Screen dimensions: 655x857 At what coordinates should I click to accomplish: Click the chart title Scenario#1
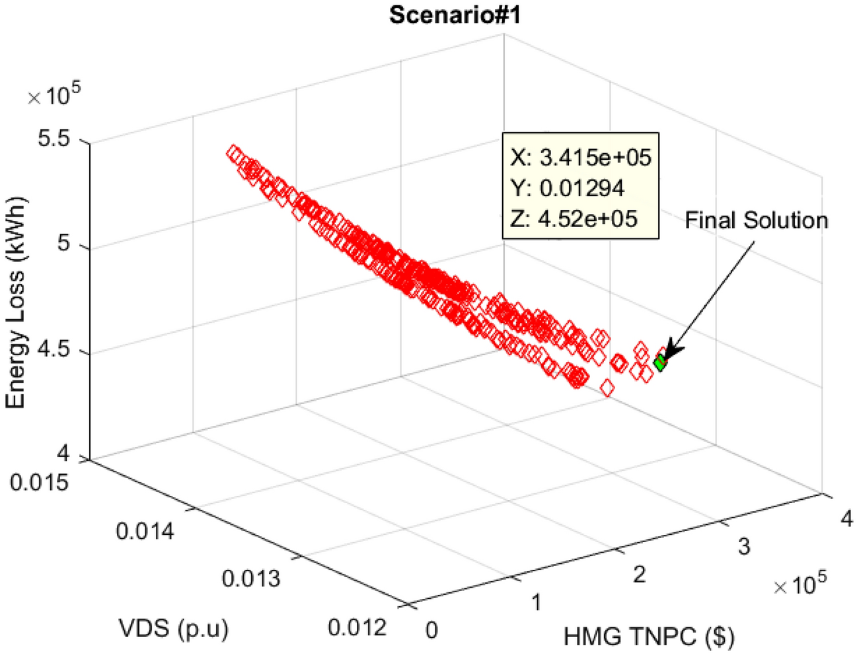coord(455,15)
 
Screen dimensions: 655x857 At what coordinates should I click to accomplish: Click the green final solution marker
coord(659,362)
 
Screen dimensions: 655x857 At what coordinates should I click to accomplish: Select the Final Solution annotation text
coord(756,220)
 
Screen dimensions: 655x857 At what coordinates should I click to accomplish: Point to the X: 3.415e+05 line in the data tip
coord(581,157)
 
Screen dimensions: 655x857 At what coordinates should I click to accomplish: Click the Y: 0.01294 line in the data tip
coord(567,188)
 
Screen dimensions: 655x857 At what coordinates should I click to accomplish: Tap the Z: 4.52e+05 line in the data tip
coord(574,219)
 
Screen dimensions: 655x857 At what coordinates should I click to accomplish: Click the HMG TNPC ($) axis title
coord(649,636)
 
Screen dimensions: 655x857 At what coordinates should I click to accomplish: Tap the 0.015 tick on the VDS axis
coord(39,482)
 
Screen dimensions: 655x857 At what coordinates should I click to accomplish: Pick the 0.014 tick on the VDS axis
coord(145,530)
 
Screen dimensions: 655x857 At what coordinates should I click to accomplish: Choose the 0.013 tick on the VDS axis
coord(251,578)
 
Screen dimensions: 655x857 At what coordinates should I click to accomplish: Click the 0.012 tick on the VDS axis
coord(357,627)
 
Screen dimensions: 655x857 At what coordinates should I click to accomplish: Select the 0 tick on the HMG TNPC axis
coord(431,630)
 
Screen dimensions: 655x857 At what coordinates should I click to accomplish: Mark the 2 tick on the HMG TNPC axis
coord(639,574)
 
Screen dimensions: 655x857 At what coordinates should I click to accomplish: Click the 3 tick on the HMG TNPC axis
coord(743,546)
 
